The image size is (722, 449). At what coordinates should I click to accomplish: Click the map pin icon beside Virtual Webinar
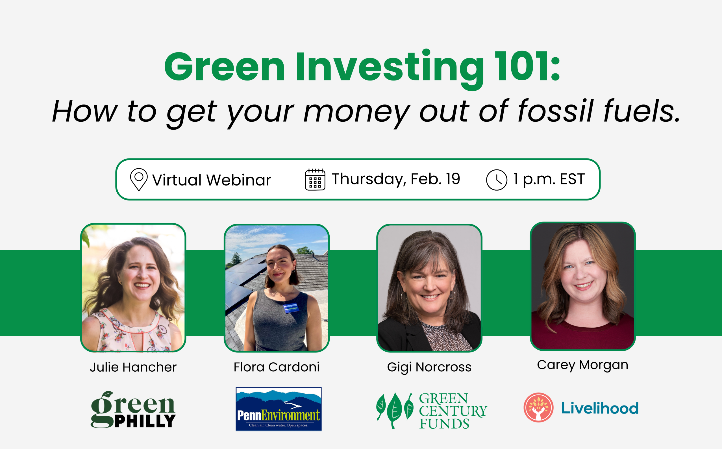coord(139,179)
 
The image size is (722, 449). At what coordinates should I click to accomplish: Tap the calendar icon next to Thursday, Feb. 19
coord(315,179)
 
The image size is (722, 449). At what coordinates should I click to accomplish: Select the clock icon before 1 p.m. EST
coord(497,180)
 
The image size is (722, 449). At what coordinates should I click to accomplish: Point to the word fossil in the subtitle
coord(555,111)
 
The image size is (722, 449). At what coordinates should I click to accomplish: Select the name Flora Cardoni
coord(277,367)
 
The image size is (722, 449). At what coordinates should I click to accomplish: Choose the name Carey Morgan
coord(583,365)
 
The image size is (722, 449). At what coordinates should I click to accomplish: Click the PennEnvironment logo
coord(279,409)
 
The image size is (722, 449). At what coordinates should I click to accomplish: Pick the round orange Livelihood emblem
coord(538,407)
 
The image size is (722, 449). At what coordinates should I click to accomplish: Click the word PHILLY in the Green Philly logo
coord(145,421)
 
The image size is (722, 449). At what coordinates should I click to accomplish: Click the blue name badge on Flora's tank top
coord(291,308)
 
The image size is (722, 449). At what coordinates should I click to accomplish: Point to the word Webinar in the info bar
coord(238,180)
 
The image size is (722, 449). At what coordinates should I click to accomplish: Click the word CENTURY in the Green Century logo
coord(453,411)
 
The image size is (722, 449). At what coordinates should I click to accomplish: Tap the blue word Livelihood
coord(600,408)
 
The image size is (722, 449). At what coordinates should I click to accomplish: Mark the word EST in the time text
coord(572,179)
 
